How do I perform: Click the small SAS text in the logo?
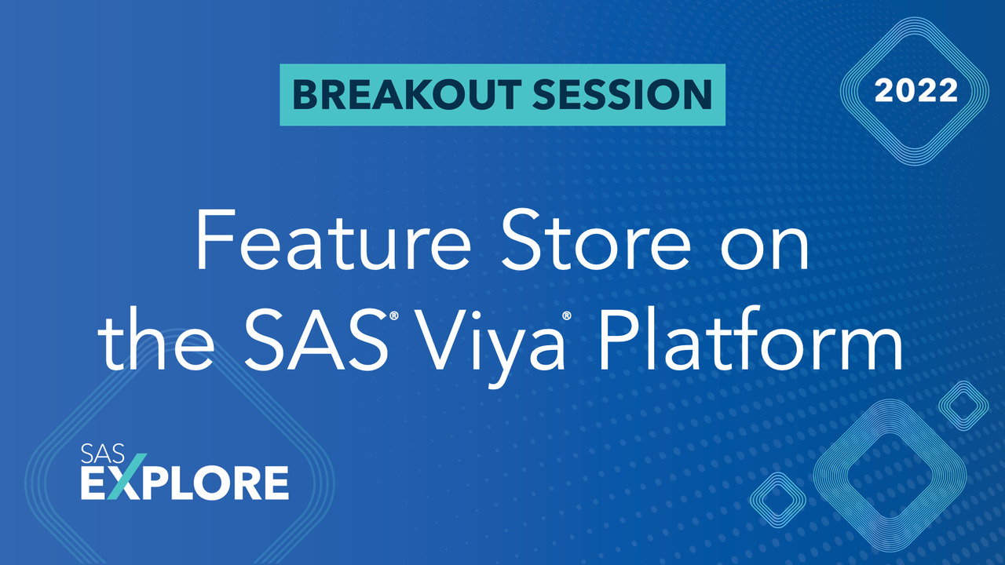(x=99, y=453)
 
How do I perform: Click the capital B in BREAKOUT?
(x=304, y=93)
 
